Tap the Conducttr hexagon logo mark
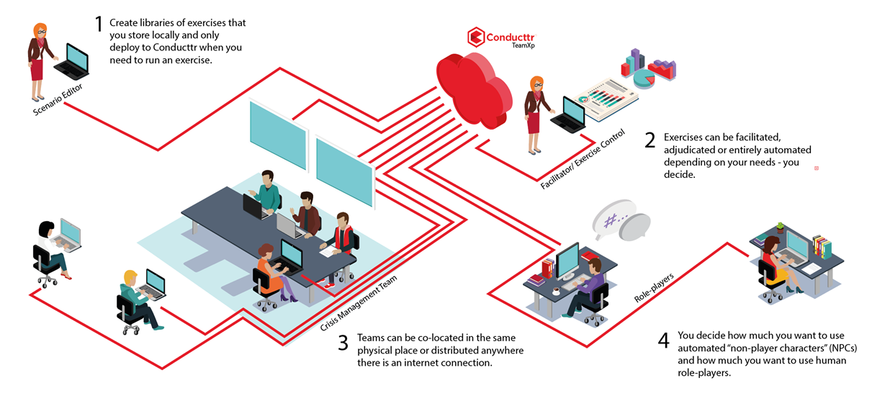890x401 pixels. [475, 37]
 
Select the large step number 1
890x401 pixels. [99, 24]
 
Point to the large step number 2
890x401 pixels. [650, 140]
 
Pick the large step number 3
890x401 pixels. [343, 343]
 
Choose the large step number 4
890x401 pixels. [664, 340]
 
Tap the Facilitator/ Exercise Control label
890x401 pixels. [583, 160]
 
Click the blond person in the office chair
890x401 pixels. [135, 299]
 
